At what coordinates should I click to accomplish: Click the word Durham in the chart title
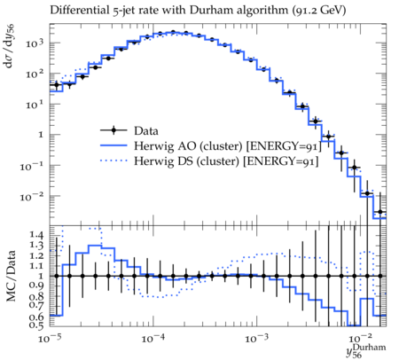pos(208,11)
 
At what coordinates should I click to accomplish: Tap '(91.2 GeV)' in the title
pos(319,11)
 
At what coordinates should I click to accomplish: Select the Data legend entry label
pos(146,130)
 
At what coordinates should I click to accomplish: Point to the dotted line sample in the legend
pos(113,160)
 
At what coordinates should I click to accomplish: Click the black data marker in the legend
pos(113,130)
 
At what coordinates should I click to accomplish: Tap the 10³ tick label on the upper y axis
pos(35,43)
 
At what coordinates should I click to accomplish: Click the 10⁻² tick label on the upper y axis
pos(31,196)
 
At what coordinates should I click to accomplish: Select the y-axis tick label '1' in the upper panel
pos(41,135)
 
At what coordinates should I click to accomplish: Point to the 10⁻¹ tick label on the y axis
pos(31,166)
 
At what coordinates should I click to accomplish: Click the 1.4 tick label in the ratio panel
pos(36,236)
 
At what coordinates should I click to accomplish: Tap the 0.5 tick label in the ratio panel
pos(36,325)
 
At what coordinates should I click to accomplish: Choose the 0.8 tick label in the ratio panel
pos(36,296)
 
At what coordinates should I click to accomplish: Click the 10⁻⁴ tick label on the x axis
pos(153,338)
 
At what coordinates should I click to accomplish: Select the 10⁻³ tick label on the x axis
pos(257,338)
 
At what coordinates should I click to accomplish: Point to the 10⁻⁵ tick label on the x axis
pos(50,338)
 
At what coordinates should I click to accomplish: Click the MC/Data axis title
pos(11,276)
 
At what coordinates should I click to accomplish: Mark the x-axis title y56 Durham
pos(366,351)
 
